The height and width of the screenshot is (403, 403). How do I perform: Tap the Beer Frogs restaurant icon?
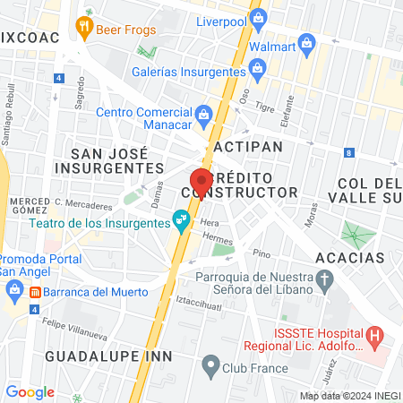[86, 26]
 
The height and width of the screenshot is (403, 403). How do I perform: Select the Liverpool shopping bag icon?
[259, 17]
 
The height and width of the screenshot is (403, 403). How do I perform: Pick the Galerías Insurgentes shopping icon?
[258, 67]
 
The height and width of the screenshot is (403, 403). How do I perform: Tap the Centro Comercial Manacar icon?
[204, 113]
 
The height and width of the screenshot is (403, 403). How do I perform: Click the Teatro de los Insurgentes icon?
[181, 218]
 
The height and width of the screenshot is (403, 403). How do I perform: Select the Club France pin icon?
[210, 364]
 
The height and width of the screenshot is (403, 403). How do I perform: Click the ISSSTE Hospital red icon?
[375, 337]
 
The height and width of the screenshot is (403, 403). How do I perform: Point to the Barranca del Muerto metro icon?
[34, 292]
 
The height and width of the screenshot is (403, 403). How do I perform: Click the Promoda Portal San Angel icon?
[14, 288]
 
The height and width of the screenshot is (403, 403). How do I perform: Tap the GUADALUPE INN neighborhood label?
[94, 356]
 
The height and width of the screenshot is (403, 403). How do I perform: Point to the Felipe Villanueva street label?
[71, 316]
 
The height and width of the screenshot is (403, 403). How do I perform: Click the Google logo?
[30, 391]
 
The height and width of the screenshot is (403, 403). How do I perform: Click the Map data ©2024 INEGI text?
[349, 396]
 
